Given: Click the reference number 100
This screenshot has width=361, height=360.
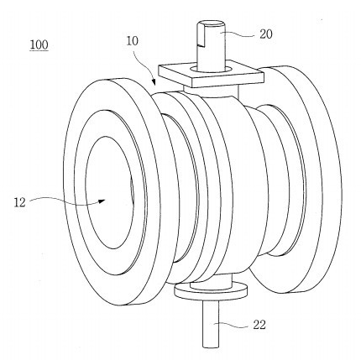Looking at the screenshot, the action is [x=39, y=44].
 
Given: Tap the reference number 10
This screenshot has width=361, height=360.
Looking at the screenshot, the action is [x=132, y=41].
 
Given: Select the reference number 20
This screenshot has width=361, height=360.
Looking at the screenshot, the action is [x=266, y=34].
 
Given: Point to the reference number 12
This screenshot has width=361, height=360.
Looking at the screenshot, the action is [x=19, y=202].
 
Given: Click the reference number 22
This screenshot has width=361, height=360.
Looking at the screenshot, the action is [x=259, y=325].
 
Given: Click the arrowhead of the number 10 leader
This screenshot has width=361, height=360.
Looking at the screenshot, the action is [x=154, y=82].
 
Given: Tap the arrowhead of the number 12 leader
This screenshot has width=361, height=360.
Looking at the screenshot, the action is [x=102, y=201].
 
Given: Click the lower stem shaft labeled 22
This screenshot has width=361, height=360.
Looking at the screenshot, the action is [x=211, y=325].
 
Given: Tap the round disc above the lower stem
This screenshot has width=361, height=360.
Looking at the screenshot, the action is [x=211, y=292].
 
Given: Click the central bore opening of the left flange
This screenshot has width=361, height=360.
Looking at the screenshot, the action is [x=110, y=192].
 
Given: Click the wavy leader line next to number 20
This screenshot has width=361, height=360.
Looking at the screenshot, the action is [x=241, y=34].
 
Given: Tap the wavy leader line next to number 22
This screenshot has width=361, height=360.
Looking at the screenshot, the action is [x=233, y=325].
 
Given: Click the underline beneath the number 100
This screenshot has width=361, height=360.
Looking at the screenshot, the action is [x=39, y=50].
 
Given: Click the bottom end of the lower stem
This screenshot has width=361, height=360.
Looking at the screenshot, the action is [x=211, y=347].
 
